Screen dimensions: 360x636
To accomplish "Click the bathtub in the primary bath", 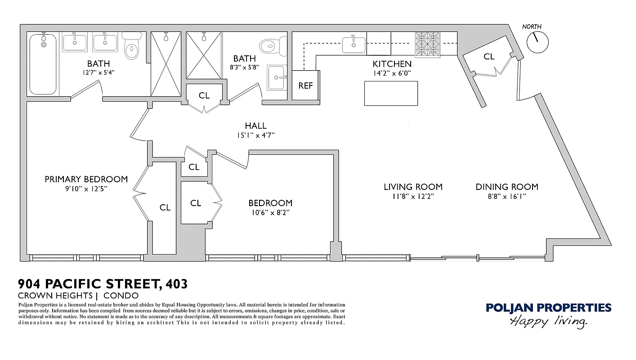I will tap(43, 64).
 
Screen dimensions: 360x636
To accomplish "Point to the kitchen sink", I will tap(354, 44).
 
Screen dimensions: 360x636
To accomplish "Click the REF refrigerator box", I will tap(305, 85).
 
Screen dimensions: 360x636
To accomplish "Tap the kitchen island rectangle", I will tap(391, 93).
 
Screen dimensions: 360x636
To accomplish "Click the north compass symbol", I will tap(537, 42).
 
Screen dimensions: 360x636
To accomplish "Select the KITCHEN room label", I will tap(392, 64).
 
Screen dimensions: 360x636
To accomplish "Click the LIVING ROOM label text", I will tap(413, 187).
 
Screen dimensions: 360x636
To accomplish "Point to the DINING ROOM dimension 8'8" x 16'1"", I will tap(507, 196).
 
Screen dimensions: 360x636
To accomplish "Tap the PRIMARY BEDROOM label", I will tap(86, 179).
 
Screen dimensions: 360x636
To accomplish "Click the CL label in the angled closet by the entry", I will tap(489, 57).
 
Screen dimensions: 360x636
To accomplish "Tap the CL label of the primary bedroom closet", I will tap(165, 207).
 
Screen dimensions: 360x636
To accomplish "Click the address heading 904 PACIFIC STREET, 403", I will tap(103, 284).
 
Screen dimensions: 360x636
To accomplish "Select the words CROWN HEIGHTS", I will tap(55, 296).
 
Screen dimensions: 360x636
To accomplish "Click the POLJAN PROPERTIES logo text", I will tap(548, 308).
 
